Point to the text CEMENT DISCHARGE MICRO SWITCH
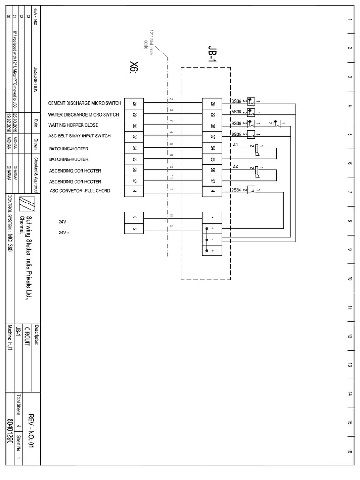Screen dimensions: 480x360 84,103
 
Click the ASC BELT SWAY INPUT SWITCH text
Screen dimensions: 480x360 79,136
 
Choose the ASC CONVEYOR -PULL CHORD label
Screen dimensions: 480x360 80,191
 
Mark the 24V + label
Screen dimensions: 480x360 63,232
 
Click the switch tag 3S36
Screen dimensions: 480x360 236,101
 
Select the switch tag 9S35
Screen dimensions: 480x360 236,134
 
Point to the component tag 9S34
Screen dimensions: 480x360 236,190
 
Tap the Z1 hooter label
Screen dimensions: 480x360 235,144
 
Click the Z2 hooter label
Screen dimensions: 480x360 235,166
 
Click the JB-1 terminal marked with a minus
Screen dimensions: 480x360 213,217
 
